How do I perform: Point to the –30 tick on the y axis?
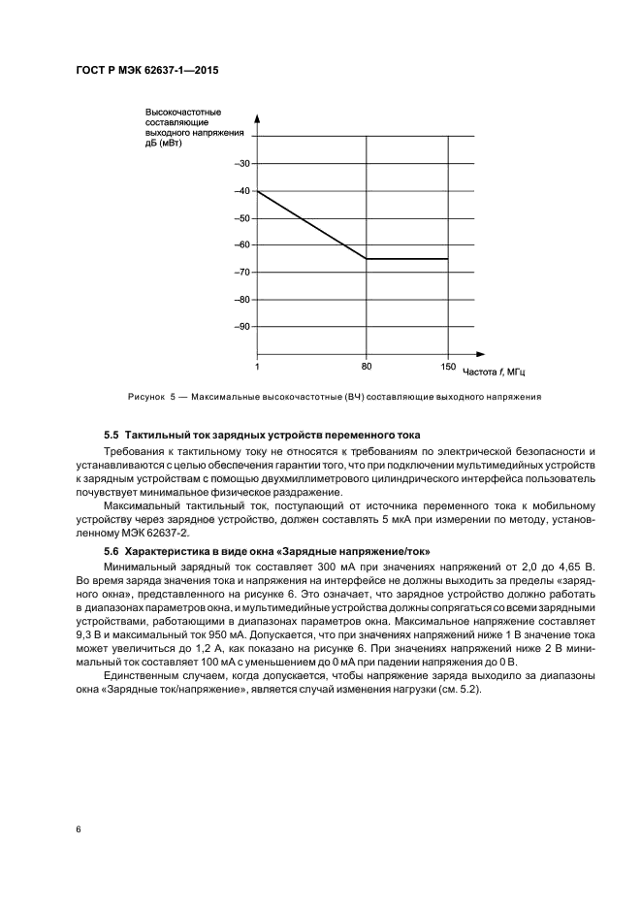(242, 164)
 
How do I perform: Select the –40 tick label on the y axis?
(242, 191)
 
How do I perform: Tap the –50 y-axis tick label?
(242, 218)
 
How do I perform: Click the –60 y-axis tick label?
(242, 245)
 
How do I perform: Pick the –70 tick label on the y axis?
(242, 273)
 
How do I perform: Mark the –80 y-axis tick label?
(242, 300)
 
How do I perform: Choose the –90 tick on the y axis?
(242, 327)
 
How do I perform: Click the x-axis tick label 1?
(257, 367)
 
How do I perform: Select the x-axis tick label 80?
(366, 367)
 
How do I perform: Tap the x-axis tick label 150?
(447, 367)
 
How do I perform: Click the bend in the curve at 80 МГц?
(366, 259)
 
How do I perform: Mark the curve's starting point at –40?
(257, 191)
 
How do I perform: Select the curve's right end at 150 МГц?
(447, 259)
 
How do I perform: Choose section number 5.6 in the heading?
(112, 551)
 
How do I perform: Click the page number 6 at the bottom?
(79, 830)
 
